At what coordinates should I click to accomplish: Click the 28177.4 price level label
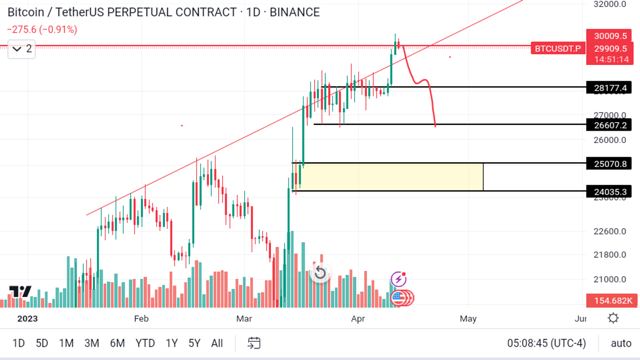tap(609, 87)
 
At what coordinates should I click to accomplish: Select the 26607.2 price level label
tap(609, 125)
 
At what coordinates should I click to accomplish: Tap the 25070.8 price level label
tap(609, 164)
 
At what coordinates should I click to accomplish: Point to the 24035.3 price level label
tap(609, 191)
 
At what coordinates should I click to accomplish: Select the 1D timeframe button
tap(19, 343)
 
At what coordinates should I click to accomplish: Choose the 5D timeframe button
tap(42, 343)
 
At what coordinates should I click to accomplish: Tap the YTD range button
tap(145, 343)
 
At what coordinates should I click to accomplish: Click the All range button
tap(217, 343)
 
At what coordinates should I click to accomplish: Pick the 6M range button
tap(117, 343)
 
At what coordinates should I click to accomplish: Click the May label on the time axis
tap(468, 319)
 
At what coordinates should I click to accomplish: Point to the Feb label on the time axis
tap(141, 319)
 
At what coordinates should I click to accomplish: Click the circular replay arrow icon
tap(319, 274)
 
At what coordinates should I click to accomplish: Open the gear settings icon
tap(613, 318)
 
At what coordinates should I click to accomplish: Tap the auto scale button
tap(621, 343)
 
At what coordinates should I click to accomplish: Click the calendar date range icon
tap(254, 343)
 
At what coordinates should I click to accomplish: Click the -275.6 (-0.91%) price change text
tap(42, 30)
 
